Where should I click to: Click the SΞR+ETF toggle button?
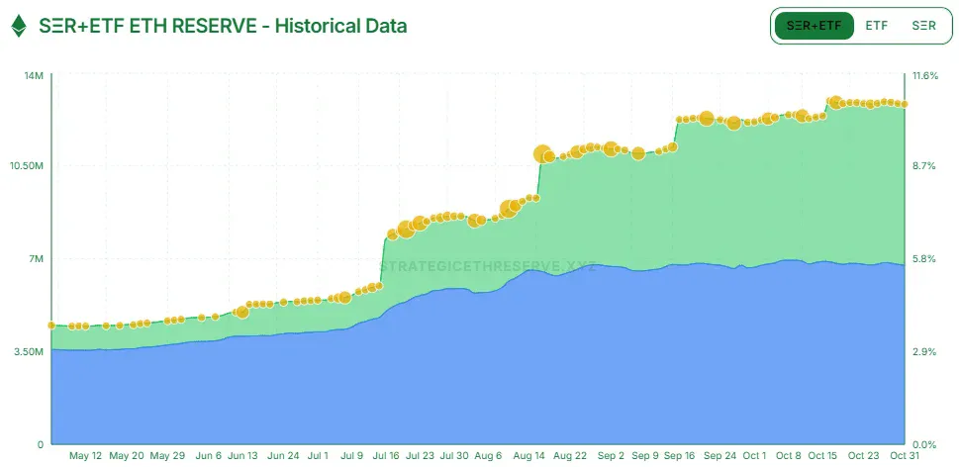coord(815,27)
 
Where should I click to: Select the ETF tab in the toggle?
coord(876,27)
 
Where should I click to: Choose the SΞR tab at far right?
coord(923,27)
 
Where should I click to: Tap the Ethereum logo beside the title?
coord(19,27)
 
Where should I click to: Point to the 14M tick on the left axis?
coord(34,76)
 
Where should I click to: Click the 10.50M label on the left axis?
coord(27,165)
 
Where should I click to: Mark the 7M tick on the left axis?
coord(36,259)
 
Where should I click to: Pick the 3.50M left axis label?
coord(29,351)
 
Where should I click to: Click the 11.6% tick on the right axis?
coord(925,76)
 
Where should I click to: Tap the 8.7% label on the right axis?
coord(923,165)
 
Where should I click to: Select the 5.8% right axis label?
coord(923,259)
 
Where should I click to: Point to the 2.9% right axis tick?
coord(923,351)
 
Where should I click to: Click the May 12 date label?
coord(85,456)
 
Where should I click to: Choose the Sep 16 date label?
coord(679,456)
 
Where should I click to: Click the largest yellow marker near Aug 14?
coord(542,153)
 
